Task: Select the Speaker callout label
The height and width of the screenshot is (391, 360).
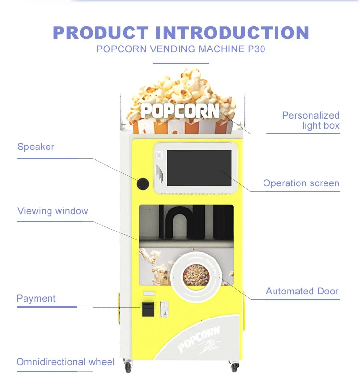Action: point(36,147)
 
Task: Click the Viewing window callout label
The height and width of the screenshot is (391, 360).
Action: point(53,211)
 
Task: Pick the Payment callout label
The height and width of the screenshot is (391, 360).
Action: point(36,298)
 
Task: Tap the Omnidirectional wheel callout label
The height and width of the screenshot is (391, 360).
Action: point(66,362)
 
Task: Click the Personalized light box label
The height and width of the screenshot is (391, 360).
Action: point(311,121)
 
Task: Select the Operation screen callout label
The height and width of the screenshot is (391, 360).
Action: point(301,183)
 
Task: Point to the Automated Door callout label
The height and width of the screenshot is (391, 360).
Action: point(302,291)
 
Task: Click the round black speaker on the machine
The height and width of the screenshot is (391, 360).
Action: point(143,183)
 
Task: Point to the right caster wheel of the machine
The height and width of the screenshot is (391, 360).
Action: point(235,367)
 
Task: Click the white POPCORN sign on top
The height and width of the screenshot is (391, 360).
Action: point(180,110)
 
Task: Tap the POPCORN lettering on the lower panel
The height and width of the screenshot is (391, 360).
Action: point(199,338)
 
